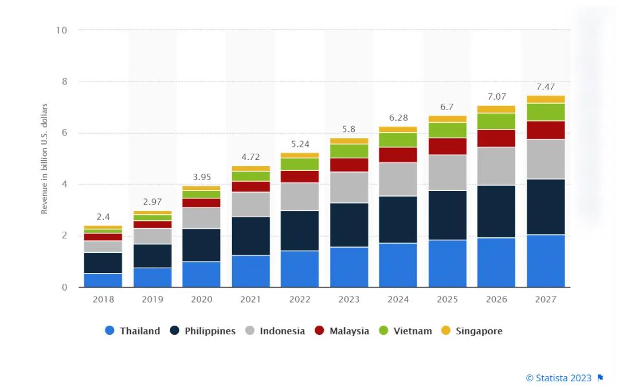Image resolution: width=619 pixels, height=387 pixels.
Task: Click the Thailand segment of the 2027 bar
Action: pos(546,261)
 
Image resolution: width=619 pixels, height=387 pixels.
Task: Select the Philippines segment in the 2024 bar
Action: pos(398,220)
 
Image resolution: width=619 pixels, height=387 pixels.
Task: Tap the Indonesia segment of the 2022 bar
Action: pos(300,197)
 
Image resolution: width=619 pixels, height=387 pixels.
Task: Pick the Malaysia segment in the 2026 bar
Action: pos(496,138)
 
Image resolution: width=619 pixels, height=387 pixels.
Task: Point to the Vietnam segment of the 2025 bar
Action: pos(447,130)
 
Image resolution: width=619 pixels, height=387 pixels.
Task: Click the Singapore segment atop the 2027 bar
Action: pos(546,99)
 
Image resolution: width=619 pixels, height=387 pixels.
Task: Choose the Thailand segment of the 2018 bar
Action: pos(103,280)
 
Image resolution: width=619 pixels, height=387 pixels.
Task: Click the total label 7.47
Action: pos(546,87)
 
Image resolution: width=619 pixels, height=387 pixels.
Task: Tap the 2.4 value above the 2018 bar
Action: pos(103,217)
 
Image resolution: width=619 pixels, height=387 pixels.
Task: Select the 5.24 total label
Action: pos(300,144)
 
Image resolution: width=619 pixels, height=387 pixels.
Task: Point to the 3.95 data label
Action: pos(201,177)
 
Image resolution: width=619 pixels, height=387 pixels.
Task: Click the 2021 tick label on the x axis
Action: pos(250,299)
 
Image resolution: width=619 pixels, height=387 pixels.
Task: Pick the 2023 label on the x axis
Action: pos(349,299)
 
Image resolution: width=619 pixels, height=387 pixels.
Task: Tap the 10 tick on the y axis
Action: pos(61,30)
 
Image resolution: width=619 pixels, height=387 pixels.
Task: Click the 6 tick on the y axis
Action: pos(64,133)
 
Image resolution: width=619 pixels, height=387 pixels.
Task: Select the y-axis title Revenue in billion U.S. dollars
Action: pos(44,159)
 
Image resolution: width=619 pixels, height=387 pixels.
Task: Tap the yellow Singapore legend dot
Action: pos(446,331)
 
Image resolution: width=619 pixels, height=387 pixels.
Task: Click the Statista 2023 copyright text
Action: pos(559,378)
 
